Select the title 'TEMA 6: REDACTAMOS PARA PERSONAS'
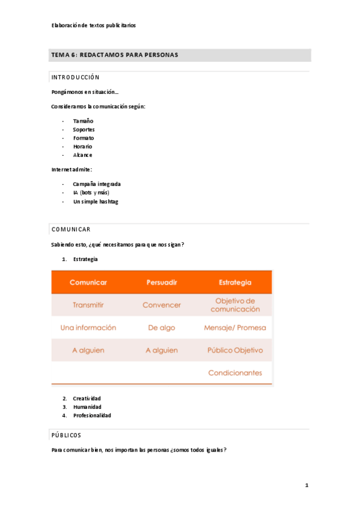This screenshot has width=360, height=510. tap(115, 55)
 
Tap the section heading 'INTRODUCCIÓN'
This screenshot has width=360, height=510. tap(76, 78)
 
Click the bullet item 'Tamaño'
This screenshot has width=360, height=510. tap(83, 121)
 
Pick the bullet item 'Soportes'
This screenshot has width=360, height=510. tap(84, 129)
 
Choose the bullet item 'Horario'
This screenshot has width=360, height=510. tap(82, 146)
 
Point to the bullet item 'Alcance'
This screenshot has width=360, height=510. tap(82, 155)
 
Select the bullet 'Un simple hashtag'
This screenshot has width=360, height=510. tap(95, 201)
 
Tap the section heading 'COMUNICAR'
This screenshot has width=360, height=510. tap(71, 230)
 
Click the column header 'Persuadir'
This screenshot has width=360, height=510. tap(162, 282)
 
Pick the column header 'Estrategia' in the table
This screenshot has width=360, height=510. tap(235, 282)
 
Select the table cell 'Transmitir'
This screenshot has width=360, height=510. tap(88, 305)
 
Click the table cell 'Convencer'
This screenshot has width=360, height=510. tap(162, 305)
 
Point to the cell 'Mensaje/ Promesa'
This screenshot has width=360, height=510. tap(235, 328)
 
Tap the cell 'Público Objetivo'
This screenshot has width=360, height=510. tap(235, 350)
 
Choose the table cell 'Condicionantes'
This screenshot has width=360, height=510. tap(235, 373)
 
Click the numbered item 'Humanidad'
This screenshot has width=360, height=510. tap(87, 407)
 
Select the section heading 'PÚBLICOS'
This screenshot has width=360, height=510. tap(67, 435)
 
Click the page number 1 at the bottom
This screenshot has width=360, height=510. tap(307, 485)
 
